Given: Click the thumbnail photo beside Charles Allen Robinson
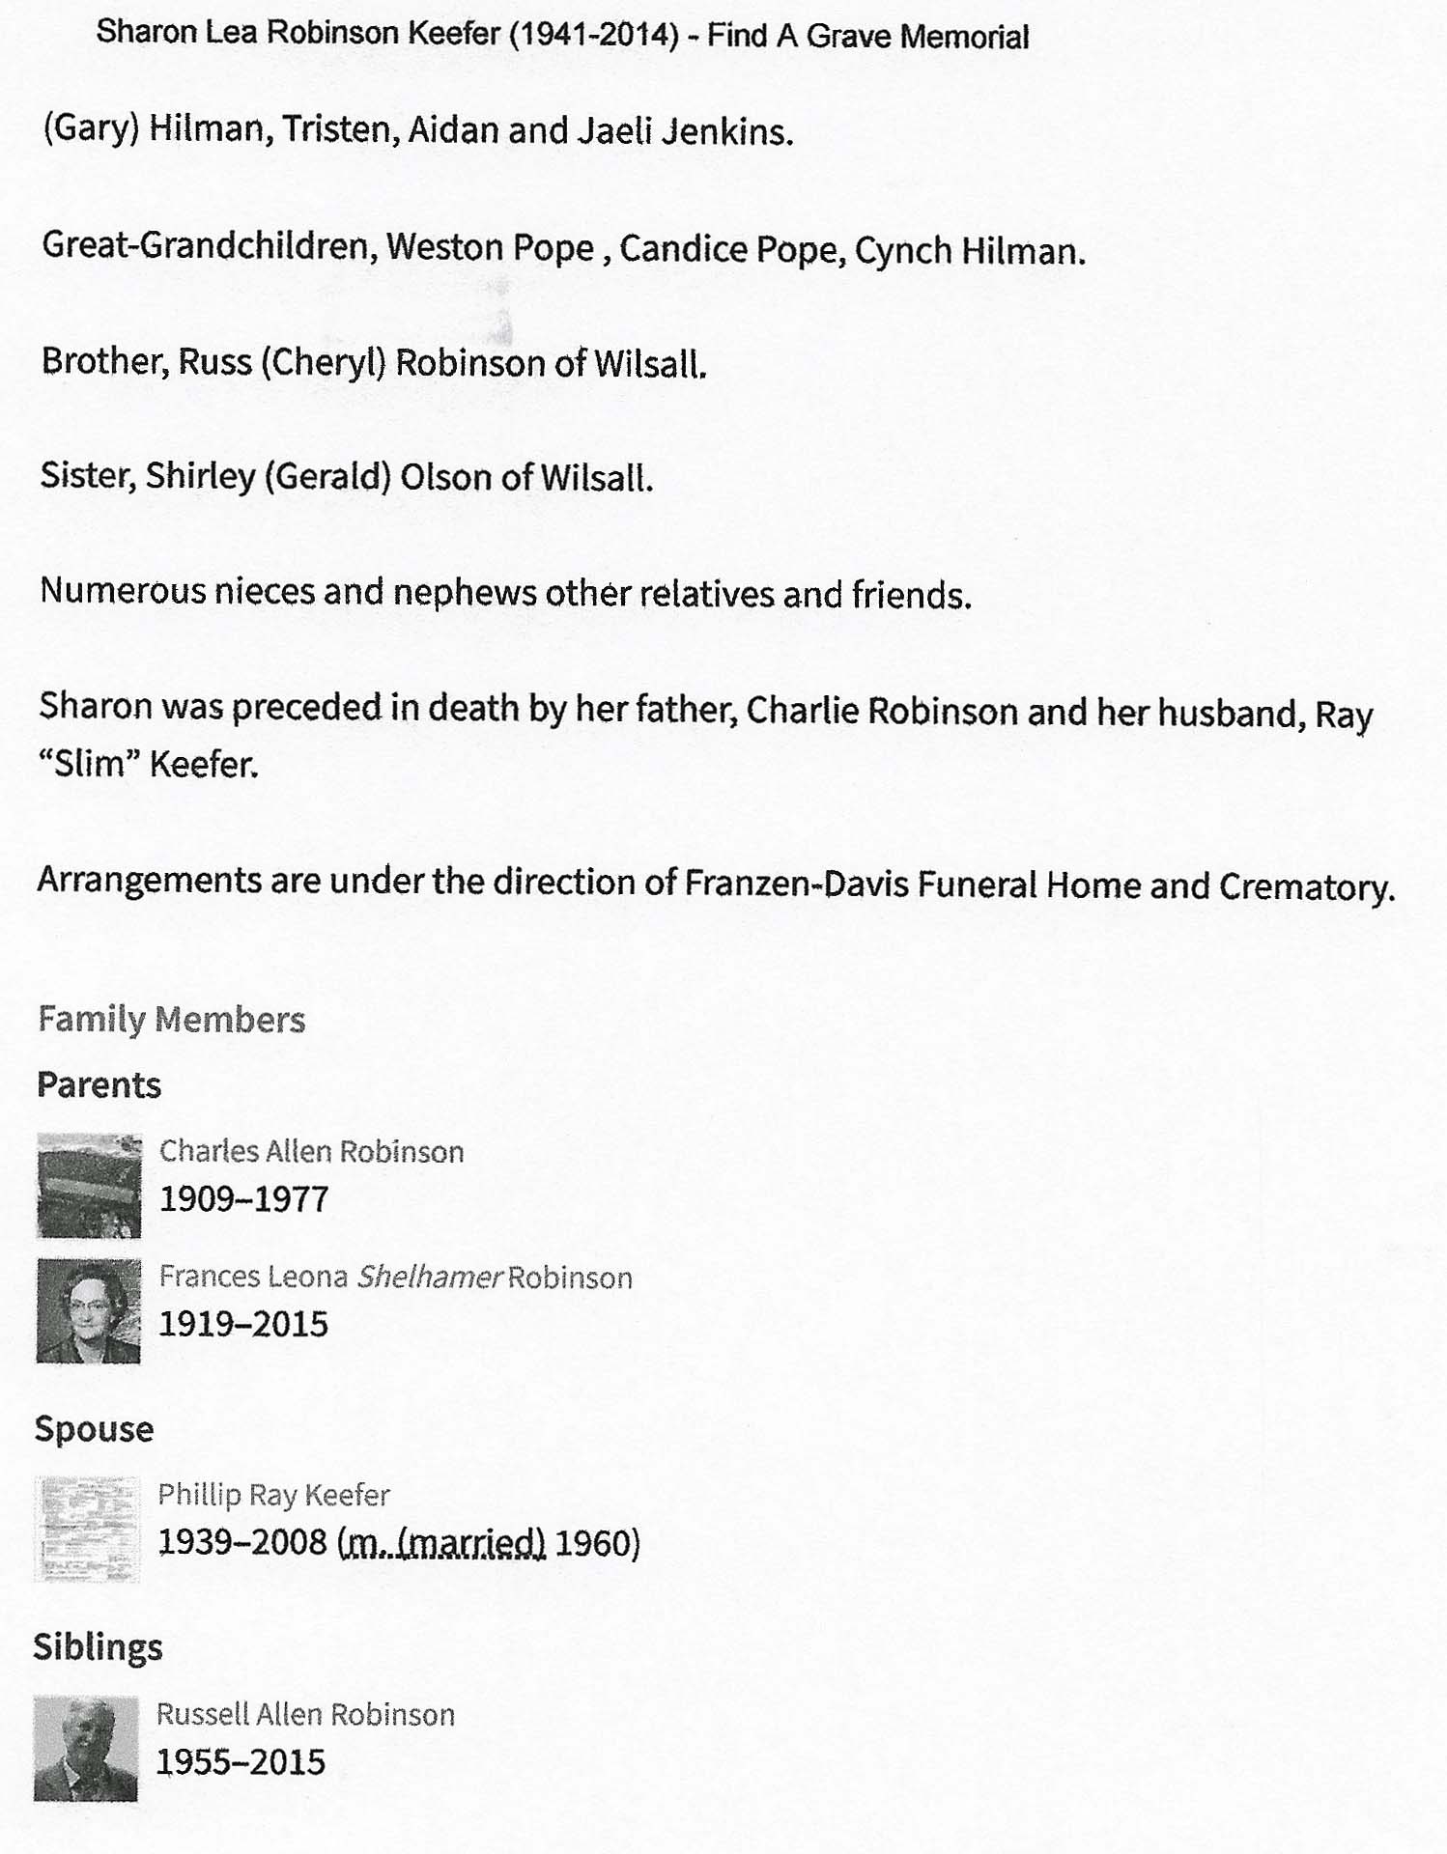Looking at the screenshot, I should click(x=89, y=1185).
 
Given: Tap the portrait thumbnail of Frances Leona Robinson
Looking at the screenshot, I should click(x=88, y=1310).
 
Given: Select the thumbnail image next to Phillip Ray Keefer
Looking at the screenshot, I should click(x=87, y=1529).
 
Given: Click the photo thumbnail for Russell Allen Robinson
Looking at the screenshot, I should click(x=86, y=1748).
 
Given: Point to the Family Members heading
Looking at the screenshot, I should click(x=171, y=1020).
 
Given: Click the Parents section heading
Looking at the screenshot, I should click(x=99, y=1085).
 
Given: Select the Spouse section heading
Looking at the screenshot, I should click(x=94, y=1429).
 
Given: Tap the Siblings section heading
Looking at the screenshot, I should click(x=98, y=1647).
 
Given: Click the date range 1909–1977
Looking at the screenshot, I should click(x=244, y=1199).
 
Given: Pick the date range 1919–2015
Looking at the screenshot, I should click(x=243, y=1324).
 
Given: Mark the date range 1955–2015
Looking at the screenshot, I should click(x=241, y=1762).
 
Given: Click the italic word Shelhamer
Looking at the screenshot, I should click(x=429, y=1278).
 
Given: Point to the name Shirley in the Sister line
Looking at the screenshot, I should click(x=200, y=476).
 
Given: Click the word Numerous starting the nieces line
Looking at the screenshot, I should click(x=123, y=590).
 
